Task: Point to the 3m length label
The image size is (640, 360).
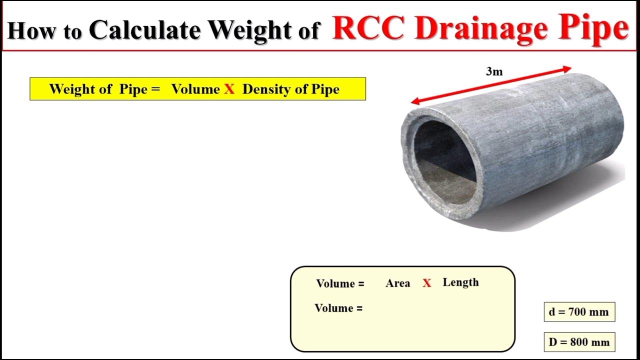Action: pos(494,71)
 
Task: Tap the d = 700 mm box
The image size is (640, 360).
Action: pos(579,312)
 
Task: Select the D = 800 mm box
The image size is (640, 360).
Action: pos(579,342)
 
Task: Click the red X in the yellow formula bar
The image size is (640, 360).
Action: pos(229,89)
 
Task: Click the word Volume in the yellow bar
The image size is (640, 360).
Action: pos(195,89)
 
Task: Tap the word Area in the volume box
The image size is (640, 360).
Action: pos(397,283)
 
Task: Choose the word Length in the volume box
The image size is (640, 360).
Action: pos(460,282)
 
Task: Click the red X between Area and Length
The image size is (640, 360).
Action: pos(426,283)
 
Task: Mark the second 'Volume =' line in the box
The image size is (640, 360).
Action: pos(338,308)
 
